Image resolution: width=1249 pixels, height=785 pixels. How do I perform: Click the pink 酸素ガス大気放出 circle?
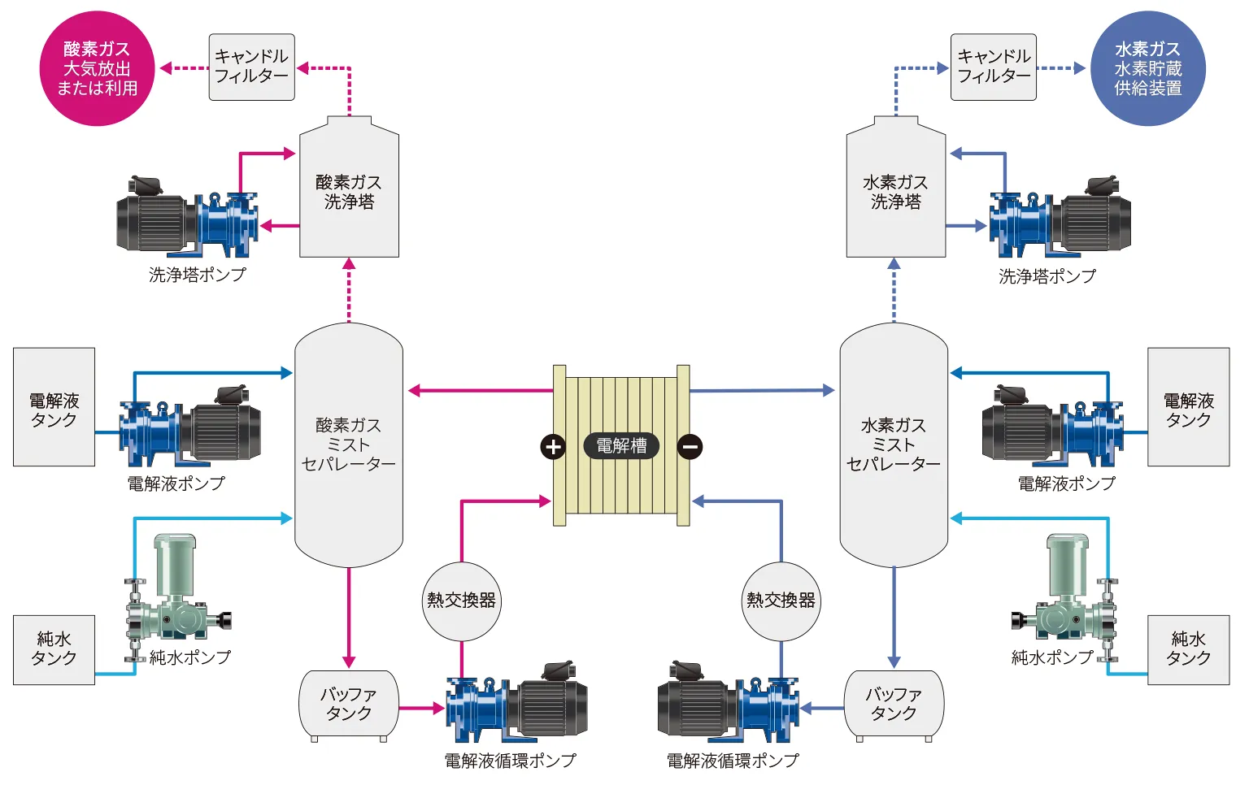click(x=97, y=68)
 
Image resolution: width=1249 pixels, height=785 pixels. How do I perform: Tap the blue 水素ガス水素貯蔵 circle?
click(x=1147, y=68)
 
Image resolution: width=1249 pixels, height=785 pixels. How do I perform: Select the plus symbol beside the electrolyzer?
click(x=553, y=446)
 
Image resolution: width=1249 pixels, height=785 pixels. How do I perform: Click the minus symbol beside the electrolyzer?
click(x=690, y=446)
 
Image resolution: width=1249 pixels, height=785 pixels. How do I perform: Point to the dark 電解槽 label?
click(x=621, y=445)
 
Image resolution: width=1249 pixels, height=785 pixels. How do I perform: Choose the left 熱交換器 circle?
click(x=461, y=601)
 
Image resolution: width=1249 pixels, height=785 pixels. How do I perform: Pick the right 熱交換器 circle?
click(x=781, y=601)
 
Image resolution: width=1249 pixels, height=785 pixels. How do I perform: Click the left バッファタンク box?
click(x=349, y=704)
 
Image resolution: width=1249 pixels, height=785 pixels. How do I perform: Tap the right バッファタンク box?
click(x=893, y=704)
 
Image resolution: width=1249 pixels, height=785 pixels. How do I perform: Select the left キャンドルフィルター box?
click(x=251, y=67)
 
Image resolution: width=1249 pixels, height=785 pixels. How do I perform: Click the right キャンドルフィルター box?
click(x=993, y=67)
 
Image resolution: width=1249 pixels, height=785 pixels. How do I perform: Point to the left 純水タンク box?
click(x=54, y=649)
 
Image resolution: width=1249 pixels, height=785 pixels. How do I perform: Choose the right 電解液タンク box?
click(x=1188, y=407)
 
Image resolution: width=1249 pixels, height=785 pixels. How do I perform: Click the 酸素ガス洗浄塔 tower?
click(x=349, y=192)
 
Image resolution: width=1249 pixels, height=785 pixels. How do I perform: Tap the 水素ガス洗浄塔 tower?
click(x=895, y=192)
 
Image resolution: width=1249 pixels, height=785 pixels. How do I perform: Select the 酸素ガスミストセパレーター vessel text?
click(x=348, y=445)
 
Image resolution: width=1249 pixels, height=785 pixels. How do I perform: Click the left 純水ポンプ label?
click(x=189, y=657)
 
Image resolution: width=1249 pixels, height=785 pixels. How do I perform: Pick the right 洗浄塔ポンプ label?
click(x=1047, y=276)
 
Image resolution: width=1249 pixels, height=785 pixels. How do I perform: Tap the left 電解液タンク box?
click(x=54, y=407)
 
